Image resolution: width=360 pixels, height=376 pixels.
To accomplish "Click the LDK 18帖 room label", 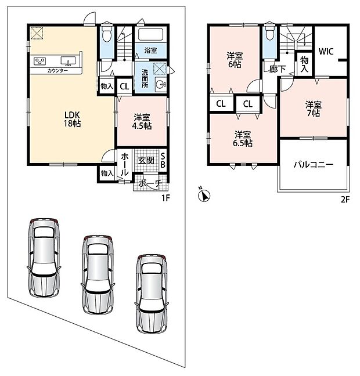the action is (x=72, y=119).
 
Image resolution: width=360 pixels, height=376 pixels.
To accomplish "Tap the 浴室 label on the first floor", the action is (x=151, y=50).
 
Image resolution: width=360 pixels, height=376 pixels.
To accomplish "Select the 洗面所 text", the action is (x=145, y=79).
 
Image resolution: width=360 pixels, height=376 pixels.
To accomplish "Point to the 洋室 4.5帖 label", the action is (x=142, y=122).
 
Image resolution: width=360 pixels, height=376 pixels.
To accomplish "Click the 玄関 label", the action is (x=146, y=160).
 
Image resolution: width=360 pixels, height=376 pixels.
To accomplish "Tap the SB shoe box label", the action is (x=163, y=160).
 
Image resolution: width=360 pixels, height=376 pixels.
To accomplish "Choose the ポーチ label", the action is (x=150, y=184).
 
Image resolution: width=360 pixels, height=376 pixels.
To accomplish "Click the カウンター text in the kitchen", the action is (x=57, y=71).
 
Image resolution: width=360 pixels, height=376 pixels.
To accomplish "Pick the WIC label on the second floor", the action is (x=326, y=51).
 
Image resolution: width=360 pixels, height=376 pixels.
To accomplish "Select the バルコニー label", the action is (x=314, y=165).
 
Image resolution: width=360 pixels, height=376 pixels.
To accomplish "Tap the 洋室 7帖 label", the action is (x=314, y=109).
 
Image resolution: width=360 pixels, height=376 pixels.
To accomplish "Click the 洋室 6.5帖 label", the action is (x=243, y=139).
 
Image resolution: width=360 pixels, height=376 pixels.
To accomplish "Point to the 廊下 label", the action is (x=278, y=69).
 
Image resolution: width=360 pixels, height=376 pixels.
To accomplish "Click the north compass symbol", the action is (x=204, y=195).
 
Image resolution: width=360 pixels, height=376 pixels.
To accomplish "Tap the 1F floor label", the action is (x=165, y=198).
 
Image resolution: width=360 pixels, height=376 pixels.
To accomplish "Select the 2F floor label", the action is (x=345, y=200).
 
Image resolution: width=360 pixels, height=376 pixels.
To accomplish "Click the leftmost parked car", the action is (x=44, y=258).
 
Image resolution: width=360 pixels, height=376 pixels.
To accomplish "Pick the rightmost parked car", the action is (x=152, y=294).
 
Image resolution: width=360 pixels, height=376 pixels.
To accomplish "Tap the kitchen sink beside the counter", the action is (x=68, y=61).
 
